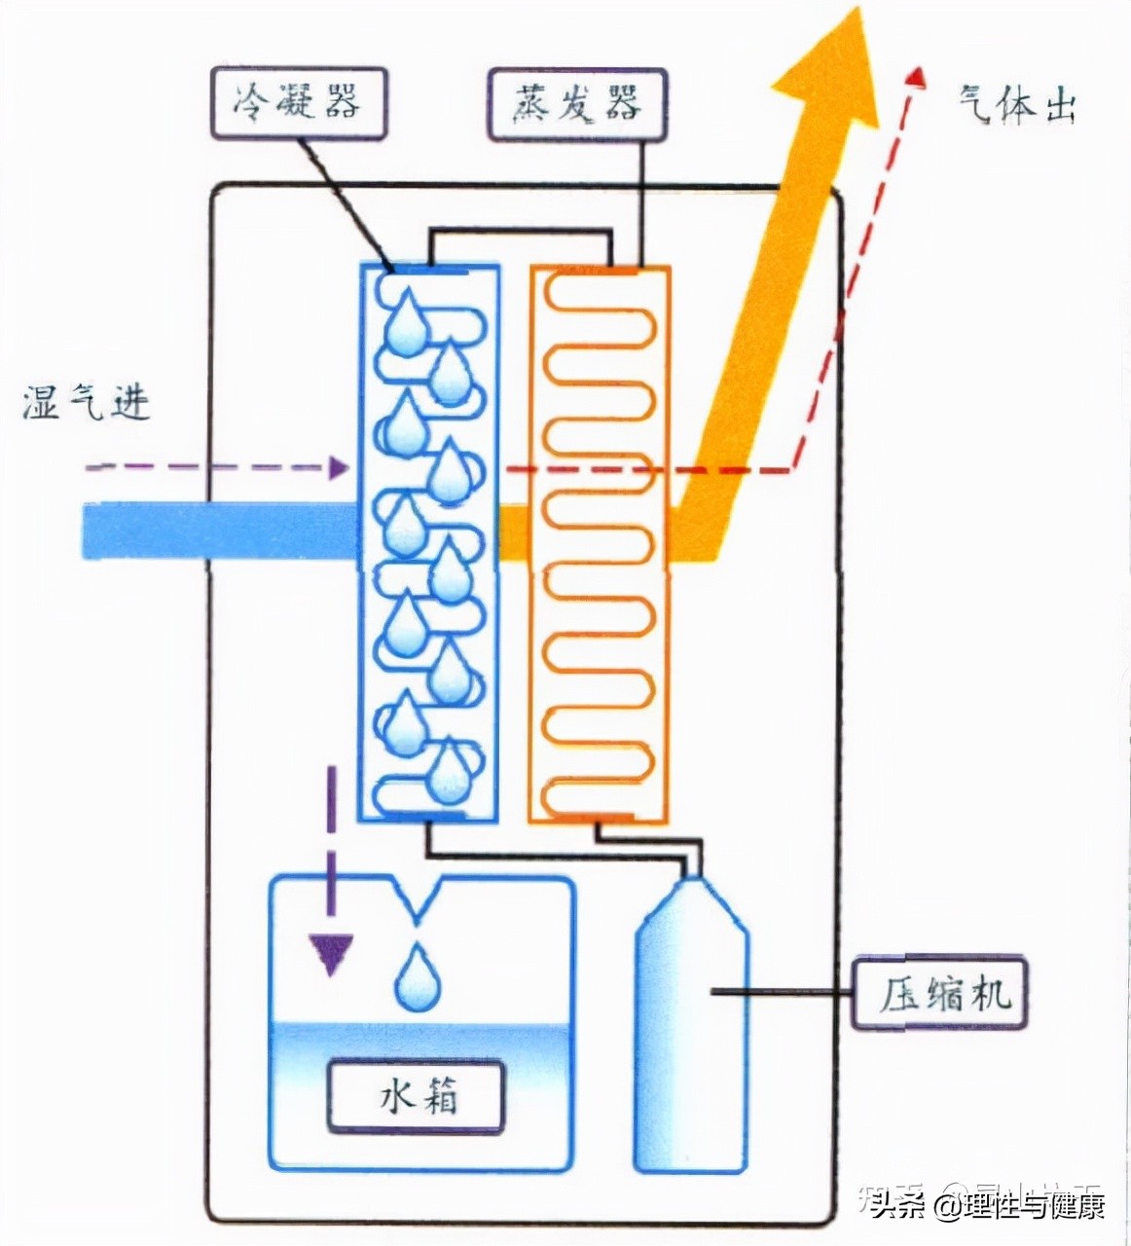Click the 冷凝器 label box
pos(297,102)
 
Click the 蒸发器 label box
pos(577,102)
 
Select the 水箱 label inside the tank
pos(417,1097)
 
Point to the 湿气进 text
pos(87,402)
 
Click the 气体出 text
pos(1017,105)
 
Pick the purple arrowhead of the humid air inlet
pos(338,467)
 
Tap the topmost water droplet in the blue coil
pos(406,324)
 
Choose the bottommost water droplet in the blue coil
pos(449,770)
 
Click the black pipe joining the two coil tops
pos(521,234)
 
